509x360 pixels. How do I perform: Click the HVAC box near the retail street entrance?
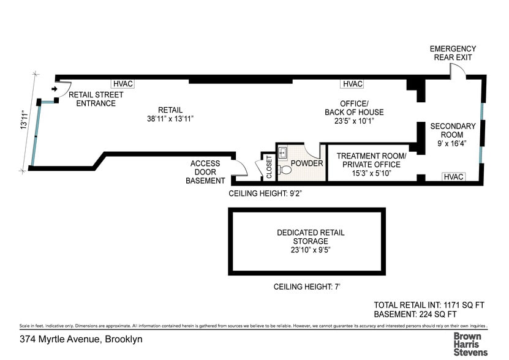point(123,84)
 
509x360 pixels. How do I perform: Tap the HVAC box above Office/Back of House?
point(353,84)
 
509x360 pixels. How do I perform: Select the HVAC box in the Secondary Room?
point(453,177)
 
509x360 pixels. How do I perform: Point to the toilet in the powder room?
point(284,170)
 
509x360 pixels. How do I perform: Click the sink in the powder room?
point(282,152)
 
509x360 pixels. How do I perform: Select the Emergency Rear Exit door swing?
point(457,72)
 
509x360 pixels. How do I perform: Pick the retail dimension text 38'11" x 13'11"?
point(170,119)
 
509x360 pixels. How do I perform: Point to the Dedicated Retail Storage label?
point(311,237)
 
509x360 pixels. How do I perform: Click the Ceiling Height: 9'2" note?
point(266,193)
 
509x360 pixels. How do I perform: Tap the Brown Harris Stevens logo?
point(470,344)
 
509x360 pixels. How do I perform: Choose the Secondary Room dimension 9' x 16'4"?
point(452,144)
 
